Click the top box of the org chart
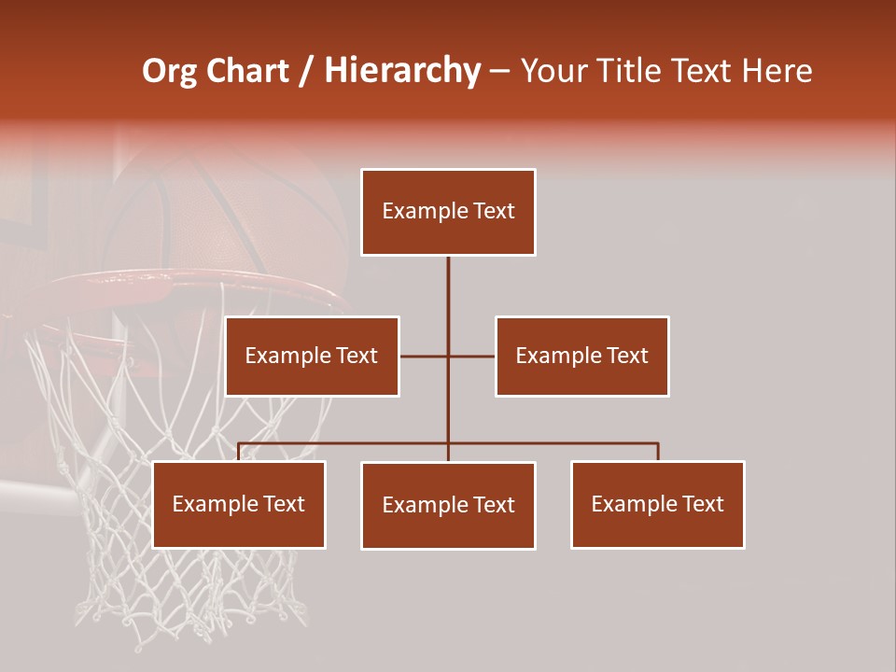coord(448,212)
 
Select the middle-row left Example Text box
coord(312,356)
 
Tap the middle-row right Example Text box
coord(581,356)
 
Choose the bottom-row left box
coord(239,504)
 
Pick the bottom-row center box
coord(448,505)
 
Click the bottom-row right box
coord(657,504)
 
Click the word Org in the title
coord(169,71)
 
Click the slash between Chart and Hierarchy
coord(306,72)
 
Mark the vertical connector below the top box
coord(448,289)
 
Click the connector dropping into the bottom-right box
coord(658,452)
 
